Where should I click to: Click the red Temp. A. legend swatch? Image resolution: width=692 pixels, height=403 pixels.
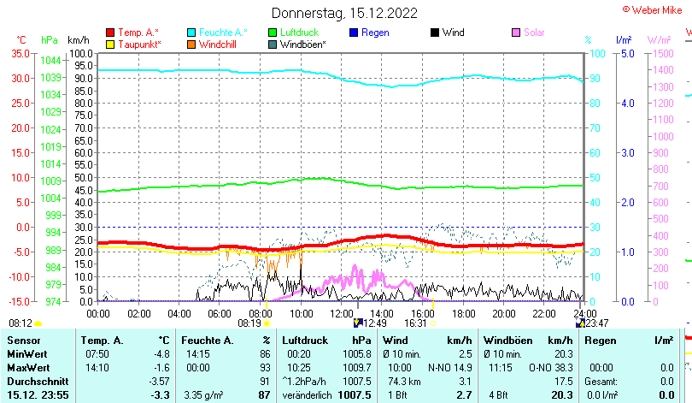pos(110,33)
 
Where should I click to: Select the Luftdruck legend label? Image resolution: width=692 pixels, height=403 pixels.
pos(297,33)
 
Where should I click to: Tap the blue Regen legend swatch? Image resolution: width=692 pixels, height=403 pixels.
pos(355,33)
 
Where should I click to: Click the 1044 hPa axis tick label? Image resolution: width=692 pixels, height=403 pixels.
pos(50,60)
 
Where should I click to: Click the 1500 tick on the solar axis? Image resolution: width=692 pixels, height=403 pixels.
pos(663,53)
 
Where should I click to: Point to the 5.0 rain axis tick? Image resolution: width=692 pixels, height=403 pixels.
pos(625,53)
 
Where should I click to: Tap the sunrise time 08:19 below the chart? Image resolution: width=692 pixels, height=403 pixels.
pos(249,323)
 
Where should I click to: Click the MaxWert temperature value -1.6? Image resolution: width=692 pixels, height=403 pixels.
pos(160,367)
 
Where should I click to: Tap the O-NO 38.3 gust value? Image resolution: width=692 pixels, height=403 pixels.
pos(555,367)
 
